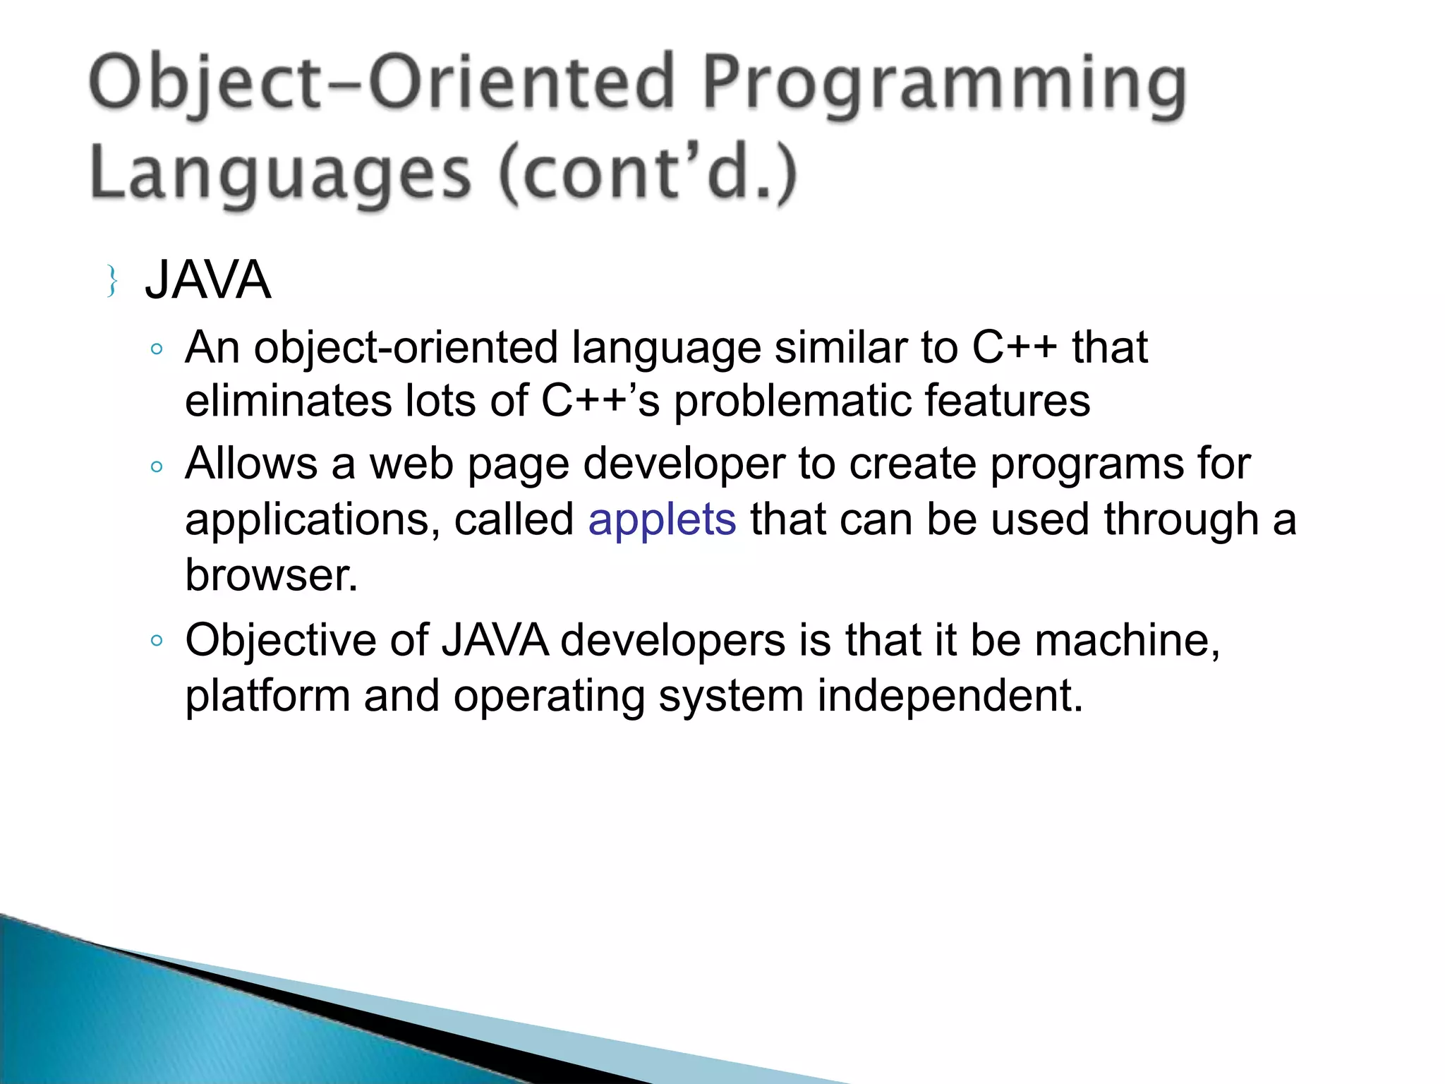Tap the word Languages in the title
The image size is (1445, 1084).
280,174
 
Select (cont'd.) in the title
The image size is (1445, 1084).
648,174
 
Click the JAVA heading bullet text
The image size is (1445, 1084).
208,280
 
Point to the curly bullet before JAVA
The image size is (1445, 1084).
111,281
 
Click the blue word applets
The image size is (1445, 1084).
662,519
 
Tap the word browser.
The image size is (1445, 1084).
272,574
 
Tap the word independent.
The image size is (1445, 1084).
950,696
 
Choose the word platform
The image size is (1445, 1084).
267,697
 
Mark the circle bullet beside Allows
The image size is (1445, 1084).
157,466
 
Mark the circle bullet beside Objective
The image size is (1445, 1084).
157,641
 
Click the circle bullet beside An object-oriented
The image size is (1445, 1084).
157,349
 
